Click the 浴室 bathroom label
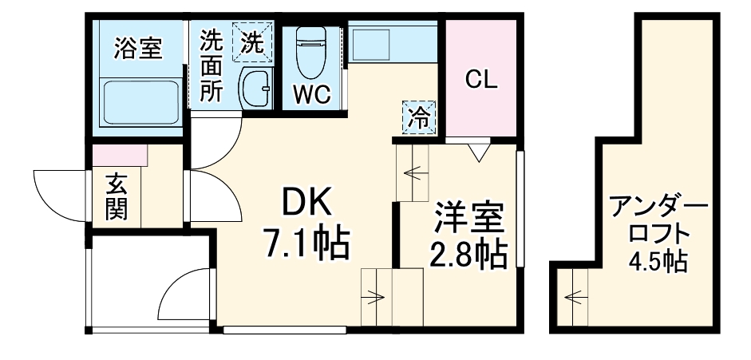pyautogui.click(x=138, y=49)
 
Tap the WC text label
pyautogui.click(x=310, y=95)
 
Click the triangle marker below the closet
pyautogui.click(x=478, y=150)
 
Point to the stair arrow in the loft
pyautogui.click(x=573, y=299)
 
